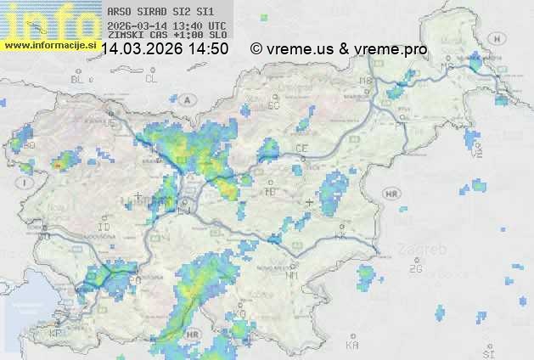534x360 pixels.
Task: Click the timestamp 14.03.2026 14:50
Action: coord(165,49)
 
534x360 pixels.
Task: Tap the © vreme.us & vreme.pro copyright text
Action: coord(339,49)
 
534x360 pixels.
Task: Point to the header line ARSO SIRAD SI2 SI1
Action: coord(155,12)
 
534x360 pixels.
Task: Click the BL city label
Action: coord(78,79)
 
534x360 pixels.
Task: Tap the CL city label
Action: coord(151,79)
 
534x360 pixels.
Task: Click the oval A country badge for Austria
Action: coord(187,99)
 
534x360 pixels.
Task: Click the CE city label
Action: coord(301,149)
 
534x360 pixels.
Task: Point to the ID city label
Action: coord(104,228)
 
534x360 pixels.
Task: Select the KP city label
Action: coord(56,333)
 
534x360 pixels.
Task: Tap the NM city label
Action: coord(293,275)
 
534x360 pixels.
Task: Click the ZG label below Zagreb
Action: coord(415,269)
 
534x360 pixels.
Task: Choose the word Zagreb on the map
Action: coord(426,250)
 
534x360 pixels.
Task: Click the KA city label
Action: coord(352,346)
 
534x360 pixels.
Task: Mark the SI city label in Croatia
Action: coord(487,351)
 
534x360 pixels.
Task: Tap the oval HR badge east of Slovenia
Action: coord(391,194)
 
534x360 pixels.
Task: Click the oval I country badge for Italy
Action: coord(26,182)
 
